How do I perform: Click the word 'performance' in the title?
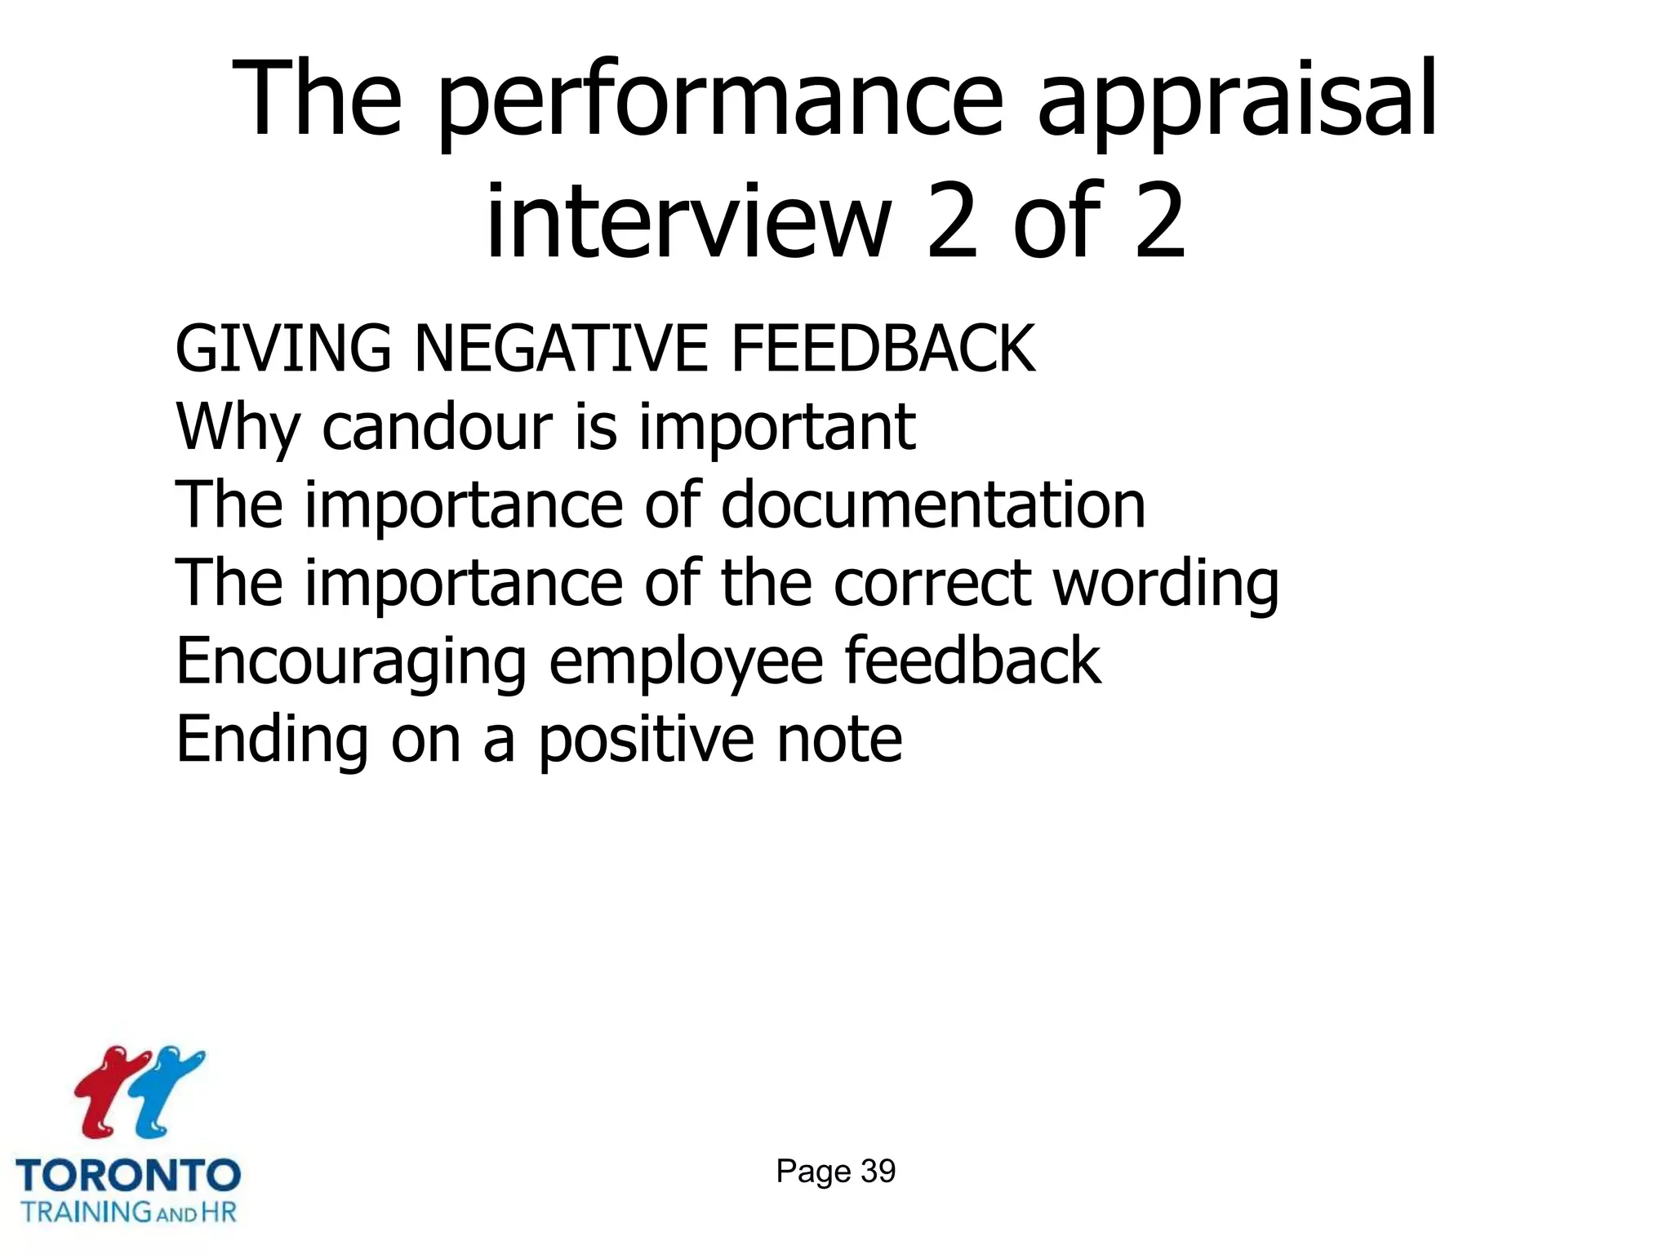pyautogui.click(x=718, y=102)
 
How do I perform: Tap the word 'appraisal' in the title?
pyautogui.click(x=1236, y=102)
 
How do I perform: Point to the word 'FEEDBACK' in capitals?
pyautogui.click(x=883, y=349)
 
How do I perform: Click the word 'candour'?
pyautogui.click(x=438, y=427)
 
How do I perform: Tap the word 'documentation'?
pyautogui.click(x=933, y=505)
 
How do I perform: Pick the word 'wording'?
pyautogui.click(x=1166, y=585)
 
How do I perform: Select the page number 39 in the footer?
pyautogui.click(x=878, y=1172)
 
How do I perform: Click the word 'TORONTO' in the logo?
pyautogui.click(x=128, y=1176)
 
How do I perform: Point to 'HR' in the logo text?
pyautogui.click(x=219, y=1212)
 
